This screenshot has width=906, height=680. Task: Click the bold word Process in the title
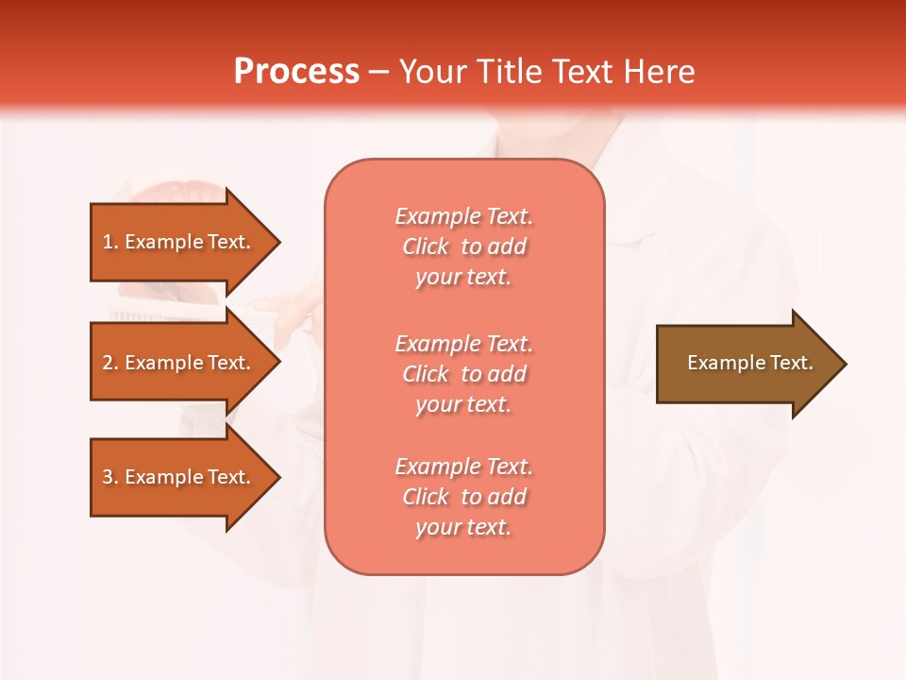tap(296, 72)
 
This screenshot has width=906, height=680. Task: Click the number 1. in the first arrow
tap(110, 242)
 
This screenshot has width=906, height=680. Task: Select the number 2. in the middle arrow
tap(110, 363)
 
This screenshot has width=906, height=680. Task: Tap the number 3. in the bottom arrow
tap(110, 477)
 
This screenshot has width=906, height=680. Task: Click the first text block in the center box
tap(463, 246)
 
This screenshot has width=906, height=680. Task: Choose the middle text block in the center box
tap(463, 374)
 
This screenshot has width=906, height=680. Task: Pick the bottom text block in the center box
tap(463, 497)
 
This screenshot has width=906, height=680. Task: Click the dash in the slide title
tap(378, 73)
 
